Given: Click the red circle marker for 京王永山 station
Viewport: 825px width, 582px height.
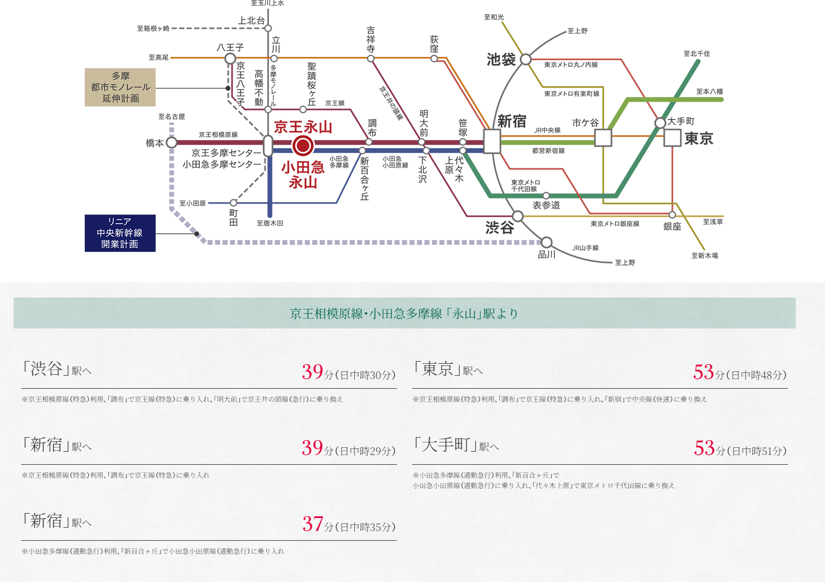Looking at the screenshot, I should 303,145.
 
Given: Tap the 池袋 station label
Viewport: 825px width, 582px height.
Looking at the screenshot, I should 501,60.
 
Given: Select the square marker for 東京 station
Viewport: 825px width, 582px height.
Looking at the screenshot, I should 672,138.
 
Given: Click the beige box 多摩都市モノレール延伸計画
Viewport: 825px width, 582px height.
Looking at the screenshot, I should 120,87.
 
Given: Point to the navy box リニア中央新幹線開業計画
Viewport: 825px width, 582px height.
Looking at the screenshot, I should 120,233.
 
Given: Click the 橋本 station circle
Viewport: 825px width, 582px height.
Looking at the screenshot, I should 172,143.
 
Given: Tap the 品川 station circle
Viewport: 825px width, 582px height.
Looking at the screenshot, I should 546,242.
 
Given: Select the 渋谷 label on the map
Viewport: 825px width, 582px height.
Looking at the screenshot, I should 500,227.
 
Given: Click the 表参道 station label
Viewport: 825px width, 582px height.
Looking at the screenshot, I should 546,205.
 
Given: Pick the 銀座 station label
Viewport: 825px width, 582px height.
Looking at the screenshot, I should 672,226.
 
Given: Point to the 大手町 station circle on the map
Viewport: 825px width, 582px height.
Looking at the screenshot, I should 660,123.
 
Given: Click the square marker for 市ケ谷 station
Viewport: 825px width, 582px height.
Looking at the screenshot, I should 603,138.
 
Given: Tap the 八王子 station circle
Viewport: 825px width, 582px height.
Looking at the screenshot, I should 230,59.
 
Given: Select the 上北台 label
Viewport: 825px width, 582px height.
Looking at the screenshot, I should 251,21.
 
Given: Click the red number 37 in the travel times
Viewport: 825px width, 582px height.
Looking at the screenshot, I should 313,524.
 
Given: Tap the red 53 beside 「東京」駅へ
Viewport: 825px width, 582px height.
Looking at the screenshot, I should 703,372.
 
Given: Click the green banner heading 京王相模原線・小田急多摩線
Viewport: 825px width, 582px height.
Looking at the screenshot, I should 404,313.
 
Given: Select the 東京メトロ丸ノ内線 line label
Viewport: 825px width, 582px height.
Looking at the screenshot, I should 571,65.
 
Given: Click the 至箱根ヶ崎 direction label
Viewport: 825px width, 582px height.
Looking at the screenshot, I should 153,29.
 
